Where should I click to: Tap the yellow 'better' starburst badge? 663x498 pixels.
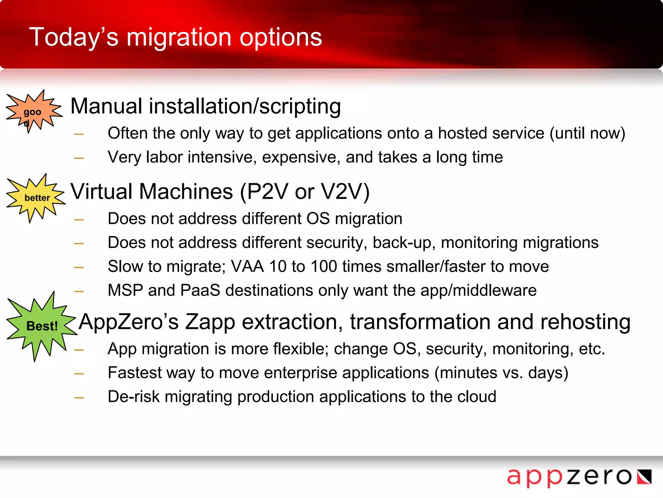pyautogui.click(x=36, y=198)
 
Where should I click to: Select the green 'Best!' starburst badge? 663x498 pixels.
pyautogui.click(x=41, y=326)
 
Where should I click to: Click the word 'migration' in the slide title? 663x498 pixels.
pyautogui.click(x=179, y=37)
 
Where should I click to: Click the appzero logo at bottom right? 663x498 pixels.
pyautogui.click(x=579, y=477)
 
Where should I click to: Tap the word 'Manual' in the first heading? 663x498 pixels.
pyautogui.click(x=106, y=106)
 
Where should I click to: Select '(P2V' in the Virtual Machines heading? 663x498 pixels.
pyautogui.click(x=264, y=192)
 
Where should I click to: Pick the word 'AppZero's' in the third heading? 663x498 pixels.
pyautogui.click(x=129, y=322)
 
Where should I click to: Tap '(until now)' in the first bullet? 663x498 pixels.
pyautogui.click(x=587, y=133)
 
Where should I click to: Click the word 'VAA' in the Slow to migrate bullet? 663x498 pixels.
pyautogui.click(x=247, y=267)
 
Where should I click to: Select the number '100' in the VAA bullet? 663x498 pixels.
pyautogui.click(x=324, y=267)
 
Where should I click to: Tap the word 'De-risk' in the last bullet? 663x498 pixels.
pyautogui.click(x=134, y=397)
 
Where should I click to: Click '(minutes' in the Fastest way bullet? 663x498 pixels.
pyautogui.click(x=466, y=373)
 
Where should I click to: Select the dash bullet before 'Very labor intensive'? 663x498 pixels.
pyautogui.click(x=79, y=158)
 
